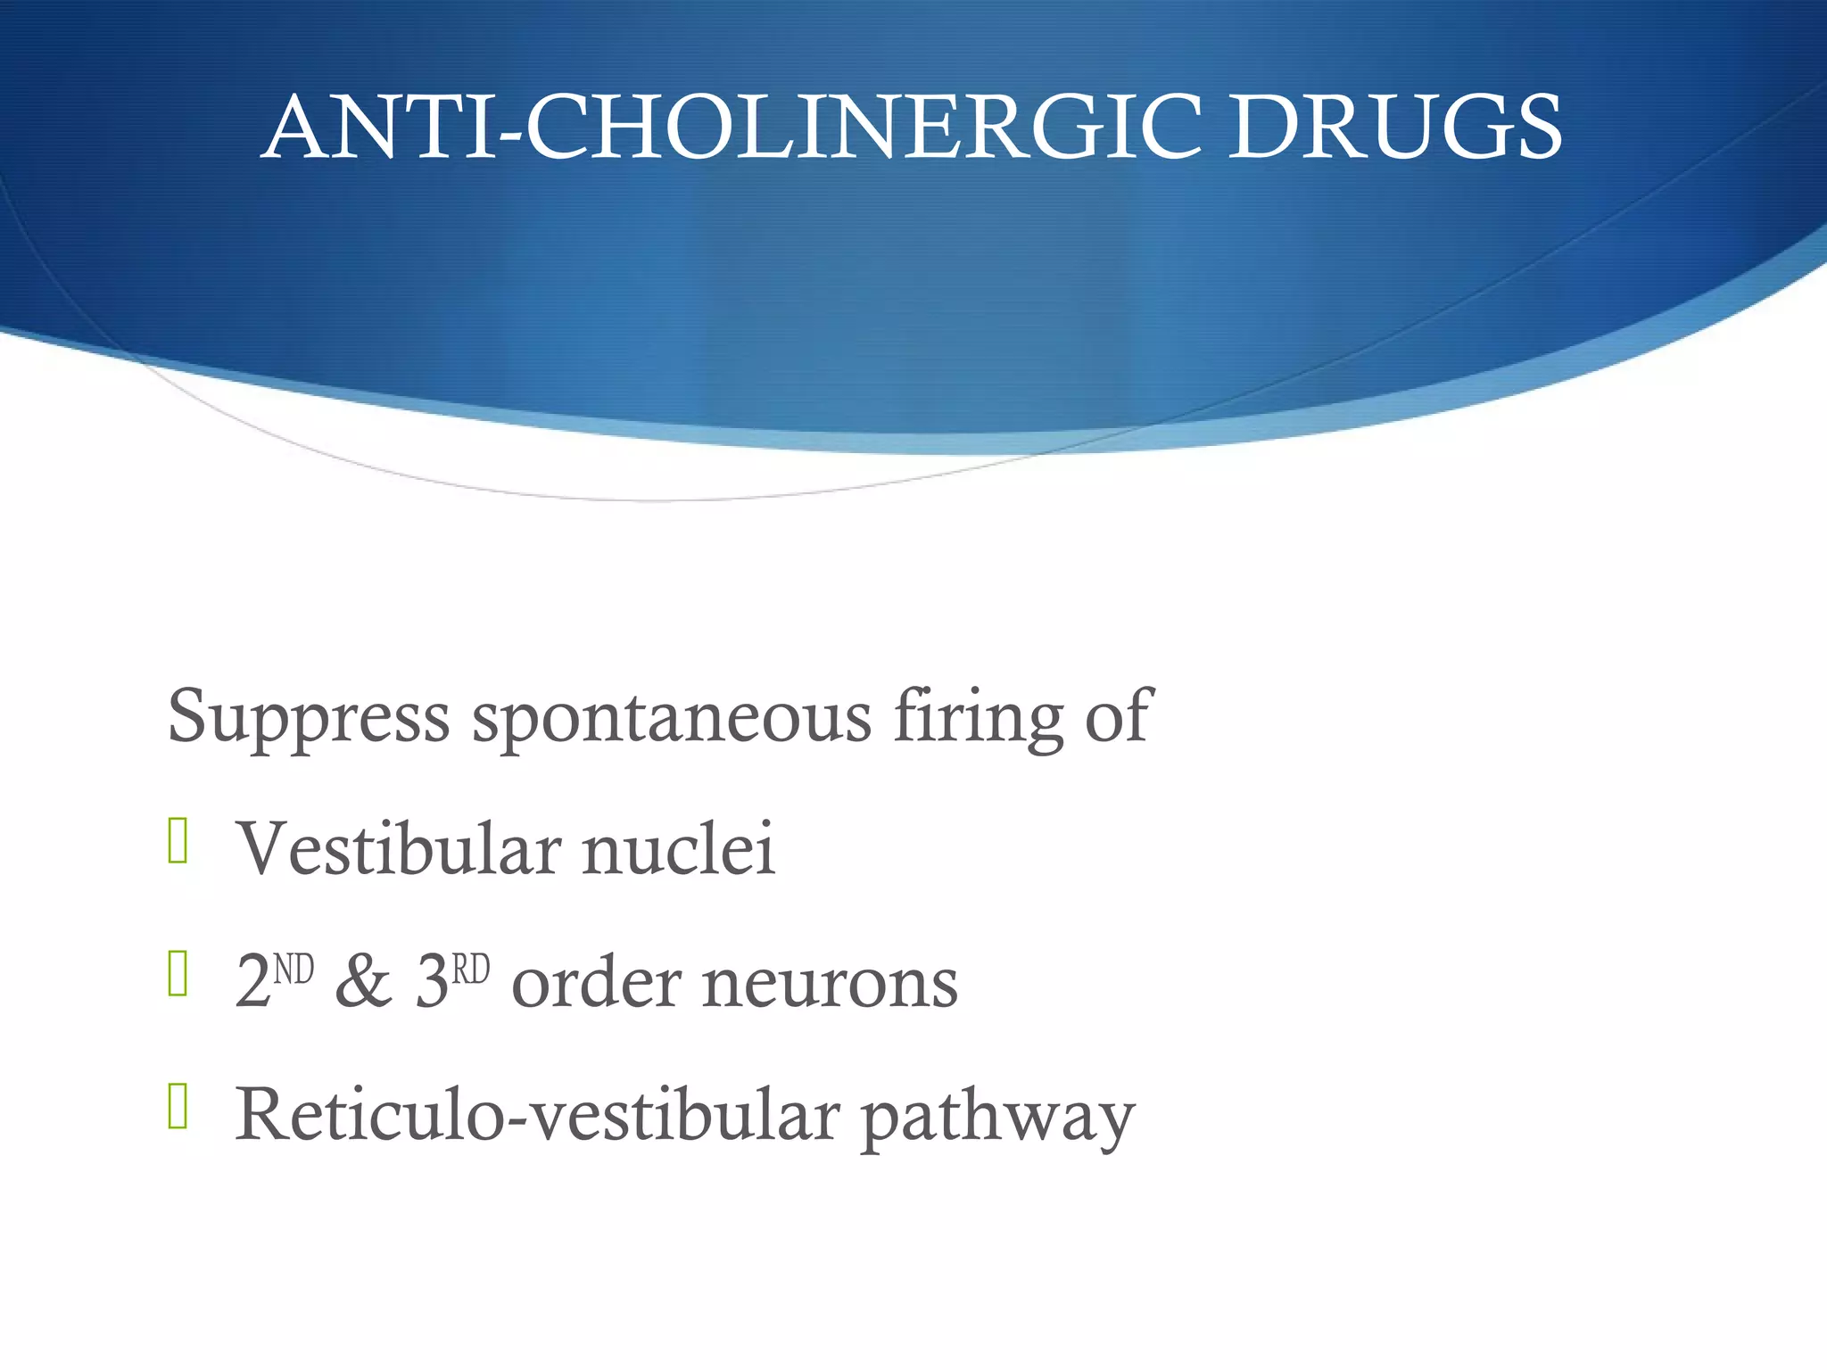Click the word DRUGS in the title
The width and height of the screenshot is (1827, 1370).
click(1394, 128)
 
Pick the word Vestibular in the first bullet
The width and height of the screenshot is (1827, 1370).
click(398, 848)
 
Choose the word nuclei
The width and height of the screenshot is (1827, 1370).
click(679, 848)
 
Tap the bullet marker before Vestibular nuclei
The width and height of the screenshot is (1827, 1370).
click(178, 841)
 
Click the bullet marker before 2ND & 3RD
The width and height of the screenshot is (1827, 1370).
click(178, 973)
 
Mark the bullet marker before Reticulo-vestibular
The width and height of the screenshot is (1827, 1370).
click(178, 1106)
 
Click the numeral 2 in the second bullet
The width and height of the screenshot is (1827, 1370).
click(252, 982)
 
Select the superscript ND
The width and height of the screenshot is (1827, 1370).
click(293, 969)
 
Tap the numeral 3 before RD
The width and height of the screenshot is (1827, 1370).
click(432, 982)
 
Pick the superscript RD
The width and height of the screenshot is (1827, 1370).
click(471, 969)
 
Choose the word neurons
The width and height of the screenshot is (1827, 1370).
click(831, 982)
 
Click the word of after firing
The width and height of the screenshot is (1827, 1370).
click(1119, 715)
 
